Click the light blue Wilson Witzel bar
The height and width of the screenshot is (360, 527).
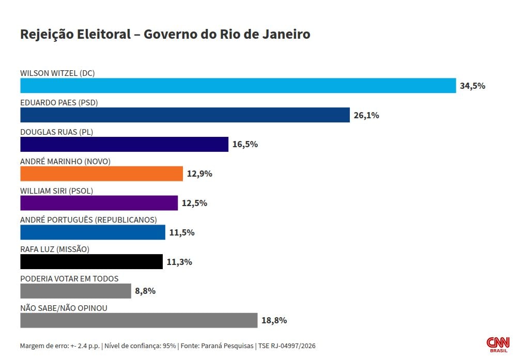point(238,86)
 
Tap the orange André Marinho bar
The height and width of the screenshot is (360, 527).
point(101,174)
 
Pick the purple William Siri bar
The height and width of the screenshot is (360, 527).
point(99,203)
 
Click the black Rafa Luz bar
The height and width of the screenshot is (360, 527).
point(91,262)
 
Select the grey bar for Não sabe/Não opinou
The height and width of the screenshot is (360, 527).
point(138,320)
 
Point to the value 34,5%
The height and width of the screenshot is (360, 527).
point(472,86)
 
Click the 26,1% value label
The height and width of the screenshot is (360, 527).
point(366,116)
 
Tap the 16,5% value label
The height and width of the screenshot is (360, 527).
point(245,145)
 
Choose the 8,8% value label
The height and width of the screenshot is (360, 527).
point(145,291)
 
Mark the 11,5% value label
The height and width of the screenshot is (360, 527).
point(182,232)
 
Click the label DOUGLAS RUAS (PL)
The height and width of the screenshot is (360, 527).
point(56,132)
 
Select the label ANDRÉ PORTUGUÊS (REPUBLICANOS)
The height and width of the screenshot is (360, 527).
point(88,220)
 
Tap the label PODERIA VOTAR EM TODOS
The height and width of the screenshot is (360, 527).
point(69,278)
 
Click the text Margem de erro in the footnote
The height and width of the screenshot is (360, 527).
point(43,346)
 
